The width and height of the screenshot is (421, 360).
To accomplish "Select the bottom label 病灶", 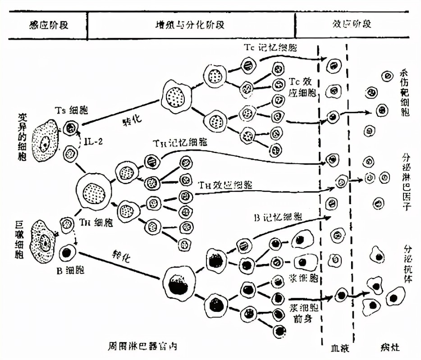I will pyautogui.click(x=390, y=348).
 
